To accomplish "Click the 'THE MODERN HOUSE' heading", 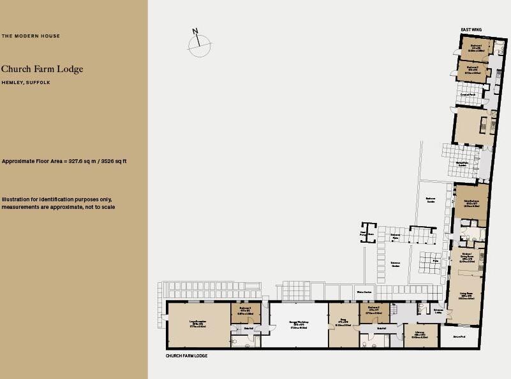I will point(31,36).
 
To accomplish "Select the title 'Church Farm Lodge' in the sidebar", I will point(42,69).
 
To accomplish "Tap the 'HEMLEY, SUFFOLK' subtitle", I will point(26,83).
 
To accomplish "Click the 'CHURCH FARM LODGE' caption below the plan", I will point(186,356).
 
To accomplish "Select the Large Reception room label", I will point(198,324).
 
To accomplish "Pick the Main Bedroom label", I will point(471,203).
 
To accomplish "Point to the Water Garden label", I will point(364,292).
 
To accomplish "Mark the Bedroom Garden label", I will point(431,200).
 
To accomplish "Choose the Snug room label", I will point(343,322).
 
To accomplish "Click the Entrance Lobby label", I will point(438,311).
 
